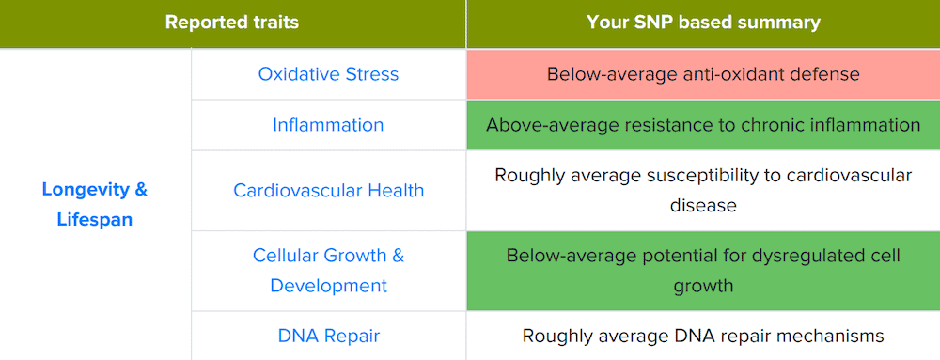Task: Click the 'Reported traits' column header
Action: tap(232, 23)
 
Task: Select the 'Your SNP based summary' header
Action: tap(703, 23)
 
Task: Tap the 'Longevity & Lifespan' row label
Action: tap(95, 204)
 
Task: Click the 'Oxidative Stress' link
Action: tap(328, 74)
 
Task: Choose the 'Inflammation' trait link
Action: tap(328, 125)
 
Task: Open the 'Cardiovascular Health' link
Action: tap(328, 191)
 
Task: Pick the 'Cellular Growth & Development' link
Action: tap(328, 270)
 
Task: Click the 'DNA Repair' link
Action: tap(328, 336)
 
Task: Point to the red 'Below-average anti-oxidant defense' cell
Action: tap(703, 74)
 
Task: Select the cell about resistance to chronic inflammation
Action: tap(703, 125)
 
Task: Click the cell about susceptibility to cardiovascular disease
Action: tap(703, 190)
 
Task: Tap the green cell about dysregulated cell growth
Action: tap(703, 270)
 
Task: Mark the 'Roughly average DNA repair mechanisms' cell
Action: tap(703, 336)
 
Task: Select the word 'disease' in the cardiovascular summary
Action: tap(703, 205)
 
